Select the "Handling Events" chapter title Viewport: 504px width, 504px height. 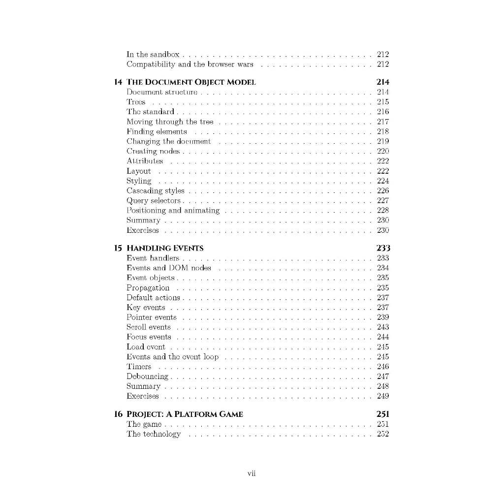(x=165, y=248)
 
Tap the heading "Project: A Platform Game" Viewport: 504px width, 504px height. (x=185, y=414)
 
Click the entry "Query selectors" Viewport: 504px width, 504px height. (x=154, y=201)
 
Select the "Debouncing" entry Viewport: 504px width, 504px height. (x=147, y=377)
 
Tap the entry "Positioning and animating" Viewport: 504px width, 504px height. (x=173, y=211)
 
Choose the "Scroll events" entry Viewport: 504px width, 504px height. (x=149, y=327)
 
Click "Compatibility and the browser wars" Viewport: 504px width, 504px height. (x=190, y=64)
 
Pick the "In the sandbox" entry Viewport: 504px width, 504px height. (x=153, y=55)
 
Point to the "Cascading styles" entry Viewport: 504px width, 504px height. (x=156, y=191)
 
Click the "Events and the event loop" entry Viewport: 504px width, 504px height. (x=173, y=357)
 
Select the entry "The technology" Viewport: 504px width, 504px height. (x=154, y=434)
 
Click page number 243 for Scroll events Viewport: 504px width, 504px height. (x=382, y=327)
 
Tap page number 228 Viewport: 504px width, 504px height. (x=382, y=211)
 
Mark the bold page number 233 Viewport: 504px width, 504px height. (x=382, y=248)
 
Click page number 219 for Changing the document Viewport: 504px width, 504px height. (x=382, y=141)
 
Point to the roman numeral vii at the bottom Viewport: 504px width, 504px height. (x=252, y=473)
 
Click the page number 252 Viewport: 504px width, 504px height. (x=382, y=434)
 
